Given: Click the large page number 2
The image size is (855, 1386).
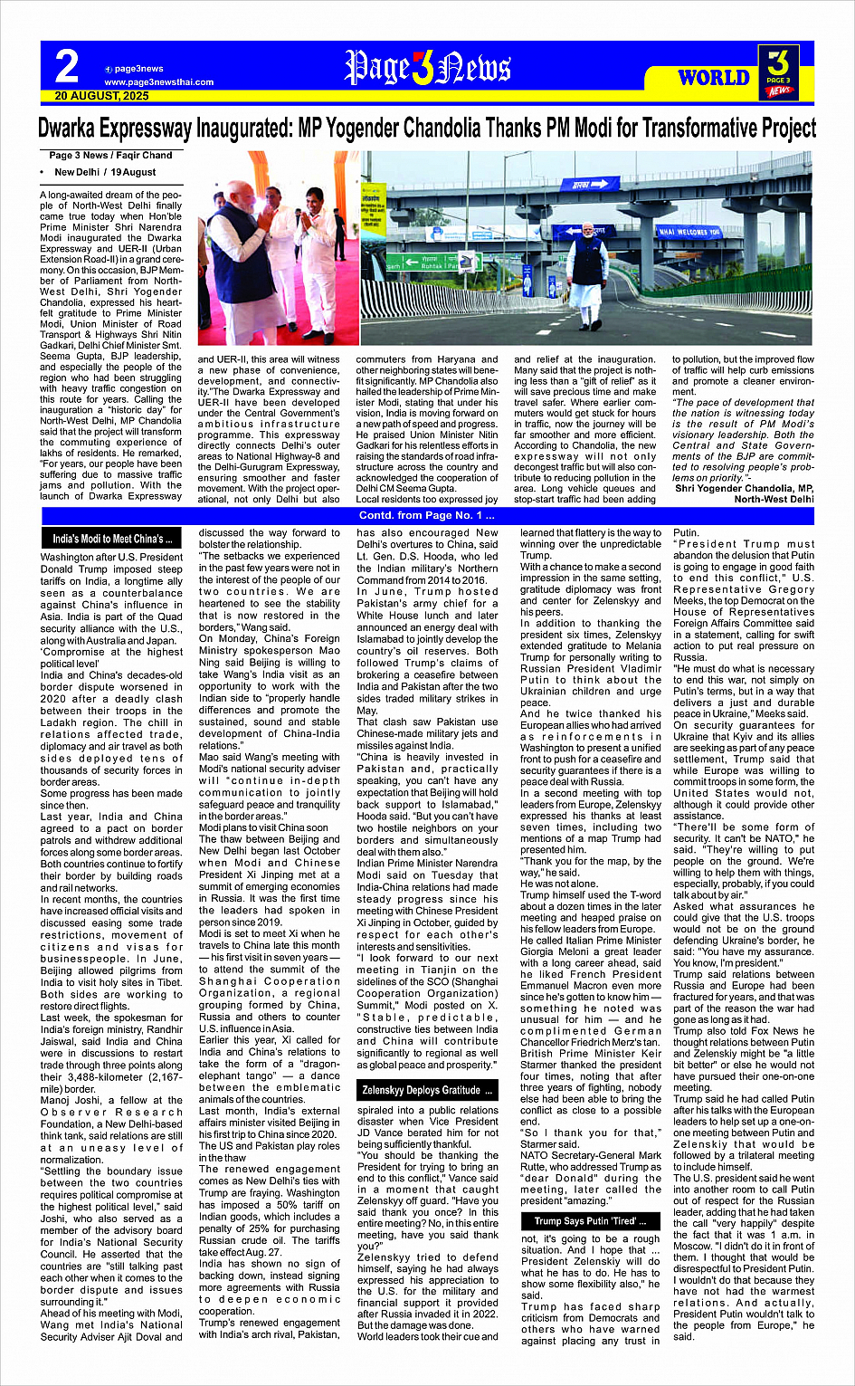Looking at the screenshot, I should click(67, 66).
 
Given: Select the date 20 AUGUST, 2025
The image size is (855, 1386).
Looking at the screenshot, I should click(101, 95).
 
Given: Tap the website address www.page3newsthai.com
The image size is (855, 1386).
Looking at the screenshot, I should click(158, 81).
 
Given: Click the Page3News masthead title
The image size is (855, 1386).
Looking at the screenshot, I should click(427, 68).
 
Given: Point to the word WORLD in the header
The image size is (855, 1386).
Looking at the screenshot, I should click(714, 78).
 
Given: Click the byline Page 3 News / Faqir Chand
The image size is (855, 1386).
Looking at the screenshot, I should click(110, 155).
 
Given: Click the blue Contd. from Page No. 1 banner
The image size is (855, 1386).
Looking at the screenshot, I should click(427, 516).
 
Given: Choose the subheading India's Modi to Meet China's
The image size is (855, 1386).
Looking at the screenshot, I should click(112, 539).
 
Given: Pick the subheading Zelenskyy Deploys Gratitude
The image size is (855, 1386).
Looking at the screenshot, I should click(427, 1090).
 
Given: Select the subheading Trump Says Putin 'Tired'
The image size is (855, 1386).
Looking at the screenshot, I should click(584, 1221).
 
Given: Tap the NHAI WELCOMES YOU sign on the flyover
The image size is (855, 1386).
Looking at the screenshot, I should click(689, 232).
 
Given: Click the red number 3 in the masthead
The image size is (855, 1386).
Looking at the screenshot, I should click(422, 68).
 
